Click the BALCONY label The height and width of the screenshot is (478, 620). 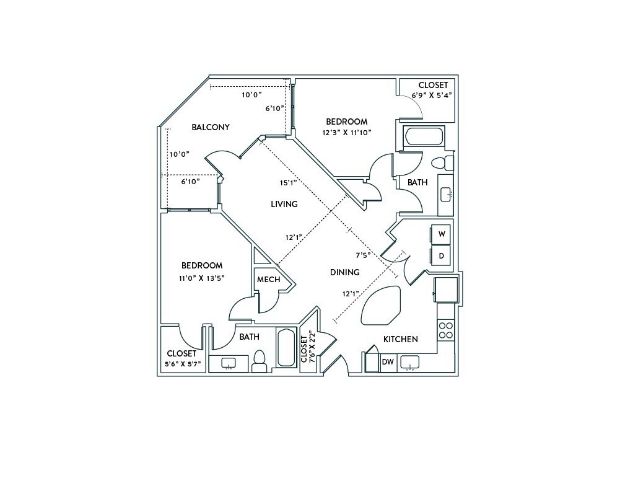(x=211, y=127)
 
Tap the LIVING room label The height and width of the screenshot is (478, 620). (x=284, y=204)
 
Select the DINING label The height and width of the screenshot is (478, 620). (x=345, y=272)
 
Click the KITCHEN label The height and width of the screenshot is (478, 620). (x=400, y=339)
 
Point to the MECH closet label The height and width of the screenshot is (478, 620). (x=268, y=280)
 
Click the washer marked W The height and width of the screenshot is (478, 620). (x=442, y=234)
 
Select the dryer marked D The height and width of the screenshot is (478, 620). (x=442, y=255)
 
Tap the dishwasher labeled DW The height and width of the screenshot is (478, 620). (x=388, y=362)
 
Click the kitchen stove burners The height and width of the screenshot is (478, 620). (x=445, y=330)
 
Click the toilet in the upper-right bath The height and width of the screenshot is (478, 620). (x=441, y=163)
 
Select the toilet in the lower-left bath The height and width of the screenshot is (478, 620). (x=259, y=360)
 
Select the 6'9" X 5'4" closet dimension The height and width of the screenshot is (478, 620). (x=432, y=95)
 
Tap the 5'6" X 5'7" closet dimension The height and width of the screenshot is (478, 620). (x=181, y=364)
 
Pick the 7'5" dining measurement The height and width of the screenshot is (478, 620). (x=364, y=254)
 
